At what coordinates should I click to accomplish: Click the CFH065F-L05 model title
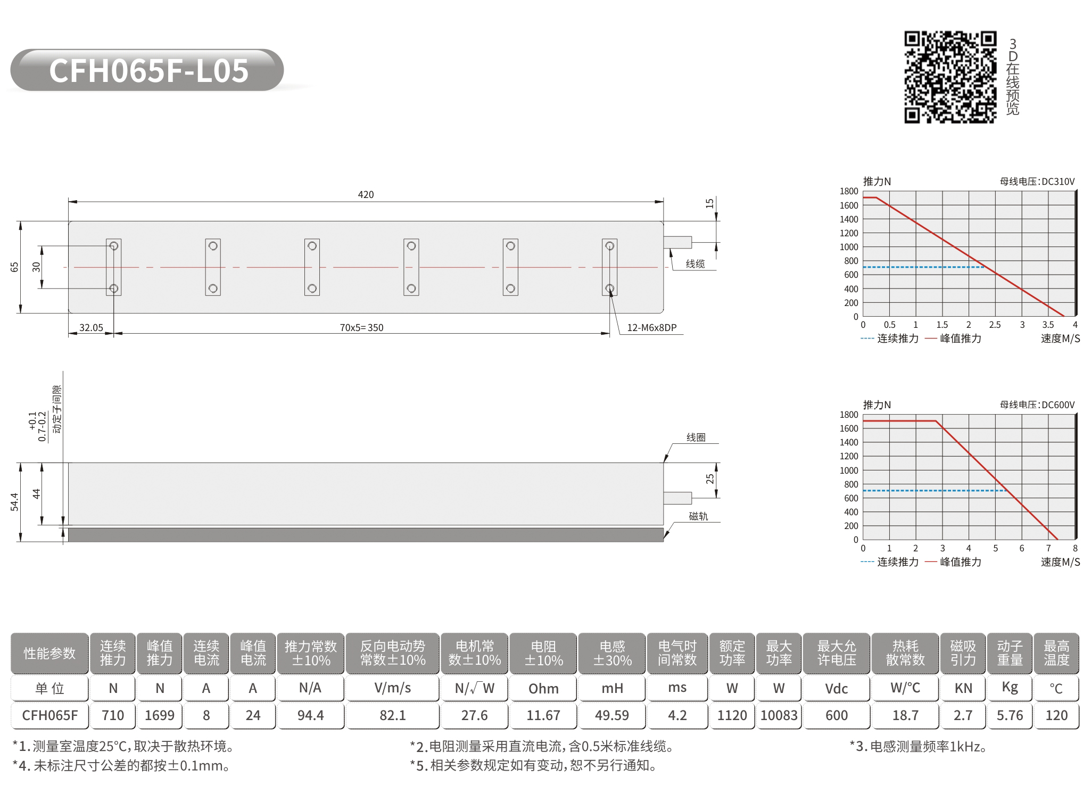(149, 70)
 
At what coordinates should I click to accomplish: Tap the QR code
(950, 77)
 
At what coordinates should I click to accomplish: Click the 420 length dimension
(366, 195)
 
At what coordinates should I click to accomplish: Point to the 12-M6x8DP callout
(651, 328)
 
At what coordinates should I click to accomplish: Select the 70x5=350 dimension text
(361, 328)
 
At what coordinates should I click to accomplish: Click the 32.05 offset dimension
(91, 328)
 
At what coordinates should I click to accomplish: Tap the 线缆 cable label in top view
(695, 264)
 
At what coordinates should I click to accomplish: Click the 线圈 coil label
(696, 437)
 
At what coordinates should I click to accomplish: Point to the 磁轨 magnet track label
(698, 516)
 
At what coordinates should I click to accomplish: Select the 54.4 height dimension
(14, 502)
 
